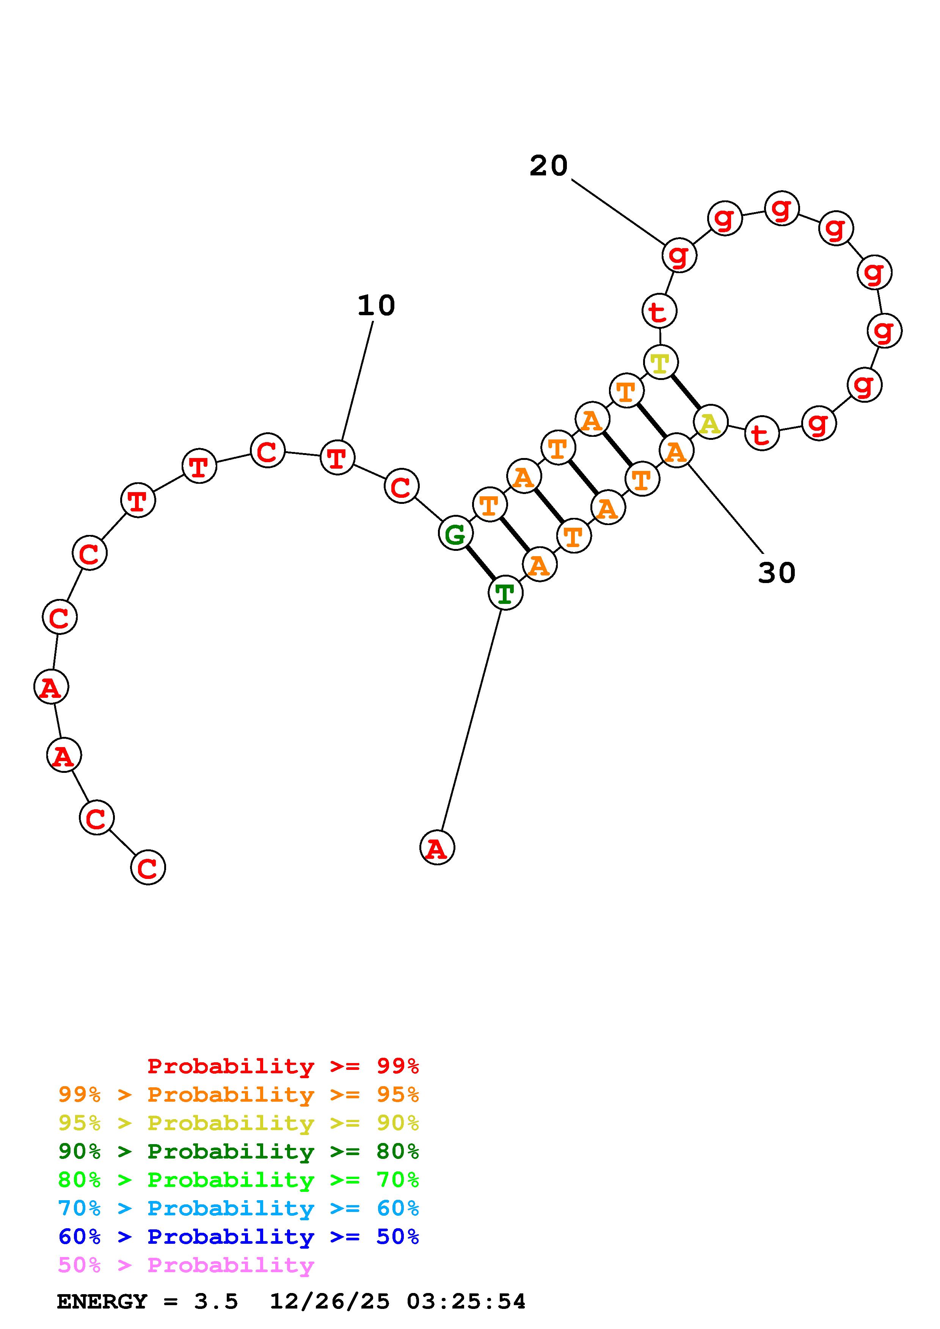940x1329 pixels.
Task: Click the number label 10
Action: coord(376,306)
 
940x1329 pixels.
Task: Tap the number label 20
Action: coord(548,166)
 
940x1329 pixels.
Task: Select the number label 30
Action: coord(777,573)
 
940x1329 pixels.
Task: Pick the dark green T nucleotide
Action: coord(505,593)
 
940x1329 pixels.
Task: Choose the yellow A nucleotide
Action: coord(710,423)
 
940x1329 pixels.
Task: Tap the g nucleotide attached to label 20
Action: coord(679,255)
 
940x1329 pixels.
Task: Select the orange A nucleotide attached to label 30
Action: coord(676,451)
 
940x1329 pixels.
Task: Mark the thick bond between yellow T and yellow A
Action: coord(685,393)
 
